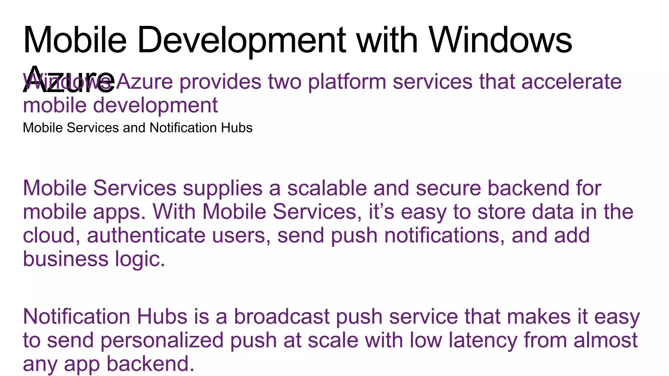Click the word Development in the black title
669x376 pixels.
pyautogui.click(x=241, y=40)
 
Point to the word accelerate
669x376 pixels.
pyautogui.click(x=571, y=82)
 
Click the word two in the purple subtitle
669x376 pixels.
pyautogui.click(x=285, y=82)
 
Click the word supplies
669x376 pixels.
pyautogui.click(x=222, y=189)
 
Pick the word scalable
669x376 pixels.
pyautogui.click(x=327, y=189)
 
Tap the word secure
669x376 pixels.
pyautogui.click(x=448, y=189)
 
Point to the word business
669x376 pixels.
pyautogui.click(x=65, y=259)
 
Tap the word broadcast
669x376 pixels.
pyautogui.click(x=282, y=317)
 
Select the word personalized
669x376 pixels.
pyautogui.click(x=162, y=340)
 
